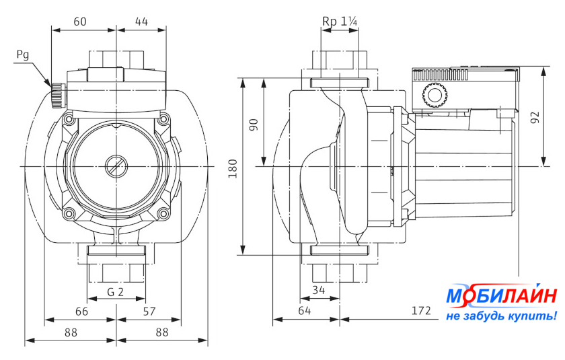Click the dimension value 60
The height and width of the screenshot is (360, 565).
80,22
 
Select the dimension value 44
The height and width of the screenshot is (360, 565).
141,22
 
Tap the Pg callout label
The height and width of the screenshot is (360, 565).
22,56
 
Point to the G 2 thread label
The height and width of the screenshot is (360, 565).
116,292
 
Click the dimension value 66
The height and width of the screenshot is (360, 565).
80,311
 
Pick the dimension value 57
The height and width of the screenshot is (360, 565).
149,311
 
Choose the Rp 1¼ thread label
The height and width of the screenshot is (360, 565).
340,22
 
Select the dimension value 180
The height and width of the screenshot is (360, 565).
233,168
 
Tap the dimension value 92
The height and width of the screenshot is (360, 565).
535,116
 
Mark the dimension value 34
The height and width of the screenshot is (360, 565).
319,290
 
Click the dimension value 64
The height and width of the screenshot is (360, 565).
305,311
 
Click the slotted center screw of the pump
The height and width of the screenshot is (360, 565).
116,166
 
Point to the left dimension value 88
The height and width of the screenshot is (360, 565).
70,332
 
